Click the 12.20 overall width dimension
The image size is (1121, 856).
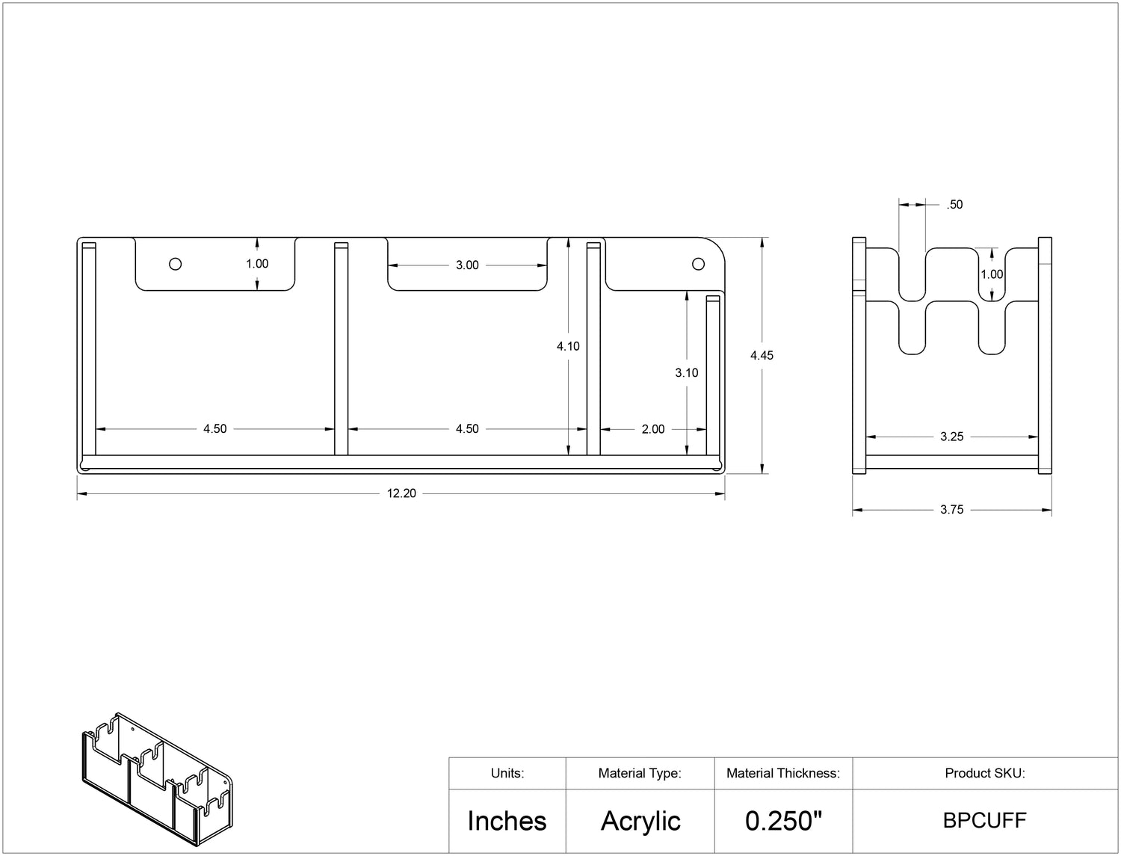tap(401, 493)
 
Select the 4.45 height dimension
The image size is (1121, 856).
tap(762, 355)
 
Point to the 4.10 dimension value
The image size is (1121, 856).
tap(568, 346)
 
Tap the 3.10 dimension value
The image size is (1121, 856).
tap(686, 373)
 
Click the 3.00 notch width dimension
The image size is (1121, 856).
tap(467, 265)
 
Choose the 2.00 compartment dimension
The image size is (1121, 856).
tap(653, 429)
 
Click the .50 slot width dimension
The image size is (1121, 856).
tap(954, 205)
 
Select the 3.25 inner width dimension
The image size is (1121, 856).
tap(952, 437)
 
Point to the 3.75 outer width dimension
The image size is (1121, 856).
tap(952, 510)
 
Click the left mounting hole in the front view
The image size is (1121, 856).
tap(175, 264)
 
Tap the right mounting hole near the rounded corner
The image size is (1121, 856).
tap(698, 264)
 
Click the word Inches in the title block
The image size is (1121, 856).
tap(507, 822)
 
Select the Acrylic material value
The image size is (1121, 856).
tap(640, 822)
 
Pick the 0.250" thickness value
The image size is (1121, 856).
tap(783, 821)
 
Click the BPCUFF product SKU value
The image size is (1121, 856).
tap(985, 821)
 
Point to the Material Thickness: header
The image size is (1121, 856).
tap(783, 773)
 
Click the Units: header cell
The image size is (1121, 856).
tap(507, 773)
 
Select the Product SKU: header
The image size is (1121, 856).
tap(985, 773)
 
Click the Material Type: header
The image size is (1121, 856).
tap(640, 773)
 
